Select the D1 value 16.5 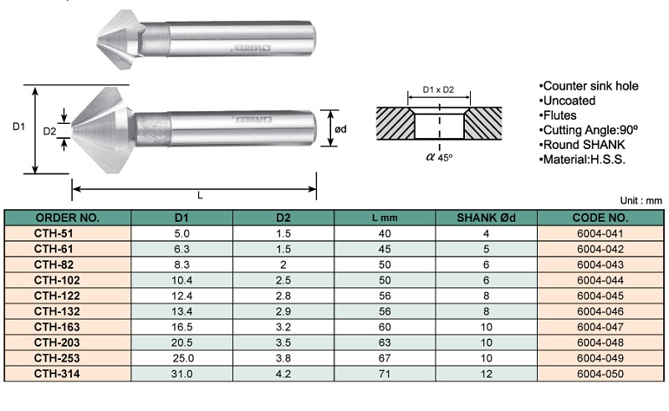point(181,326)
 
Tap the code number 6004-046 point(600,311)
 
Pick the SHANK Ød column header point(486,218)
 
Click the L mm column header point(385,218)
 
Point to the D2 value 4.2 point(283,374)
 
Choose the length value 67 point(385,358)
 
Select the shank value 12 point(486,374)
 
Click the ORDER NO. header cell point(68,218)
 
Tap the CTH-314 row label point(57,374)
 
